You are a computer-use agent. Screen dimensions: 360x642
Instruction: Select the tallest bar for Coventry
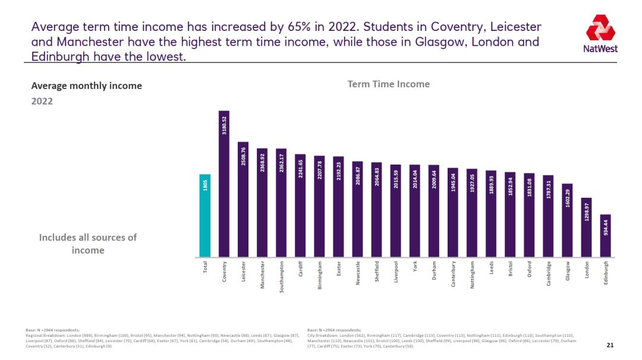pos(224,190)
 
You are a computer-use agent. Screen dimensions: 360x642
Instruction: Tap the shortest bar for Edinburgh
pos(605,238)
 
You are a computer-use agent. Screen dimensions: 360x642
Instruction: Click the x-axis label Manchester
pos(262,275)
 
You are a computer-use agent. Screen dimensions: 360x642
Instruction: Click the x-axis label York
pos(415,268)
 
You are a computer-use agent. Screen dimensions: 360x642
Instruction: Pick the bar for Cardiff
pos(300,208)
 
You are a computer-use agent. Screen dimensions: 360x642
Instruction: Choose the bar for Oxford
pos(529,217)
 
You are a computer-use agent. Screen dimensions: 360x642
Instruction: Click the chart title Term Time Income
pos(388,84)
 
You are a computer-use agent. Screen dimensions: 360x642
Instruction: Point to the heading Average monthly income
pos(86,86)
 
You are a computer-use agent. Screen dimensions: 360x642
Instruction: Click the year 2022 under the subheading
pos(42,101)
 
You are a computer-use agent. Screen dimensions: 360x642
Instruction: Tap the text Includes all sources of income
pos(87,244)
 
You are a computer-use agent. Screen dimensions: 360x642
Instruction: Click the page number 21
pos(609,345)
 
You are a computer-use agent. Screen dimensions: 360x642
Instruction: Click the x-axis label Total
pos(206,269)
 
